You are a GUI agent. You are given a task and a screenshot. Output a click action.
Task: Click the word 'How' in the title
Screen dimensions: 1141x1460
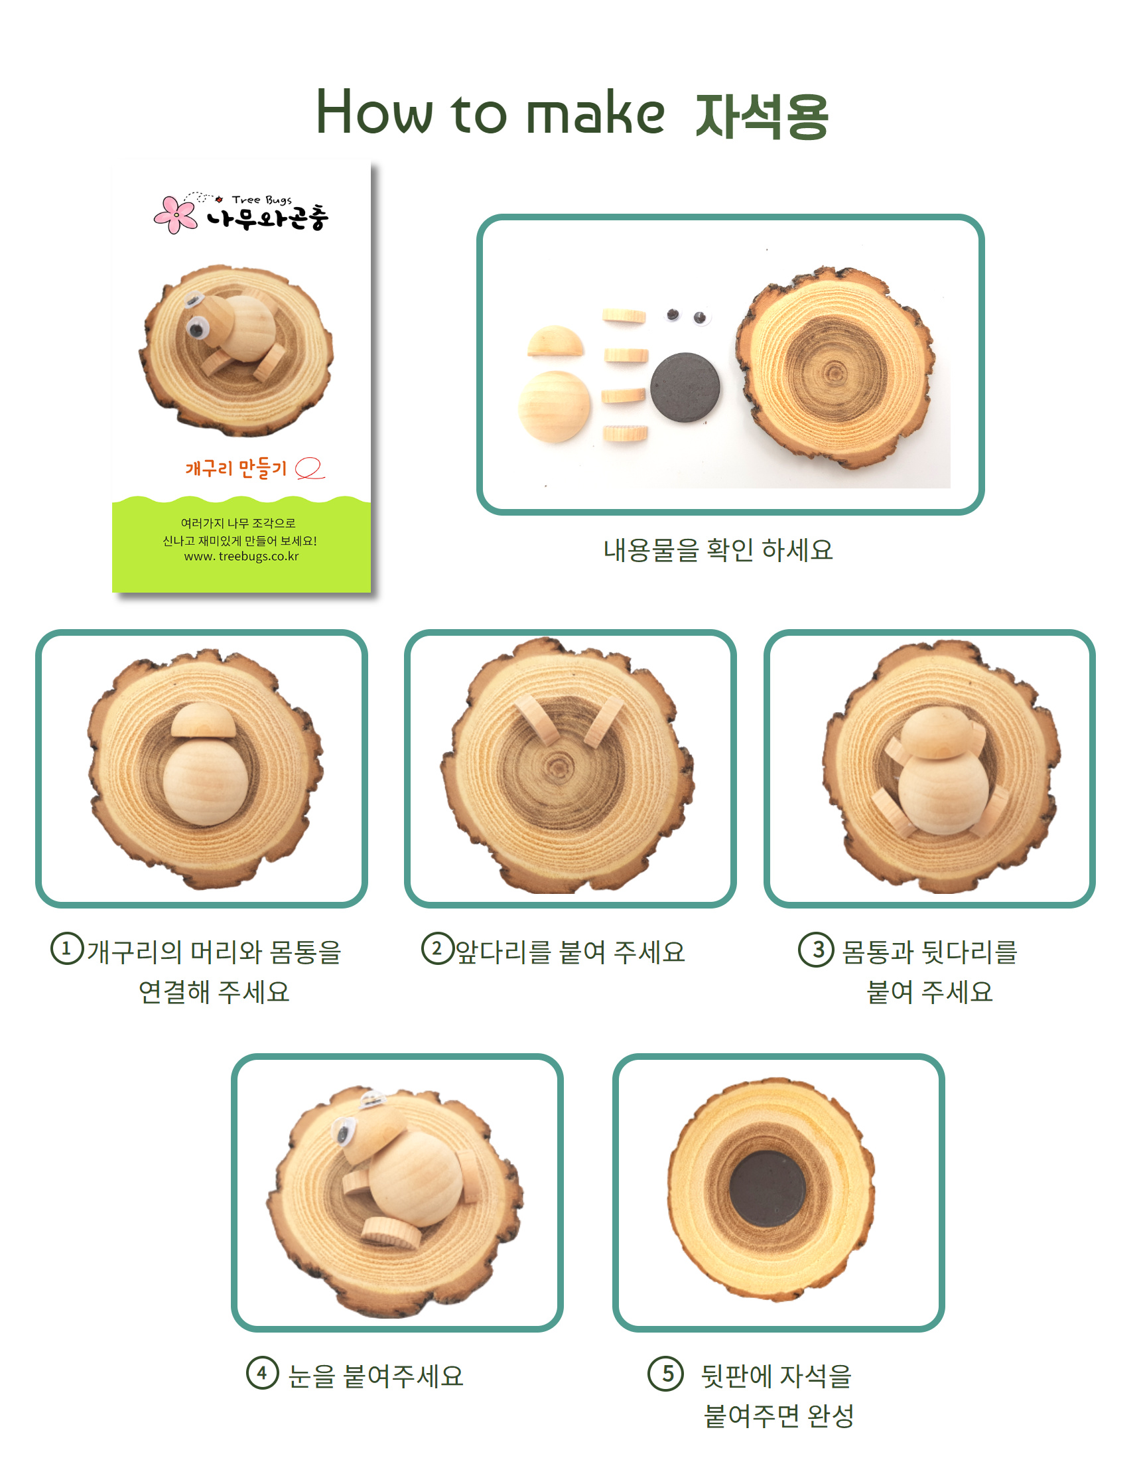374,111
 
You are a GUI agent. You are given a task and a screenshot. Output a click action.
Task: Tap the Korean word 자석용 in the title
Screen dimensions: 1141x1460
763,115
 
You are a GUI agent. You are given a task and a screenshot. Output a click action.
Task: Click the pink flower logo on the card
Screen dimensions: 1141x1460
175,214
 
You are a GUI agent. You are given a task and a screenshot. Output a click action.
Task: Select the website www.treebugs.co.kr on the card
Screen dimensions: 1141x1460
241,556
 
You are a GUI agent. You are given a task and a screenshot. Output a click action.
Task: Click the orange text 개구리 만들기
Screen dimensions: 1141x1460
236,468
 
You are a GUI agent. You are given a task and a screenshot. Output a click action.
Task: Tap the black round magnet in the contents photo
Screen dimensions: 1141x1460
686,388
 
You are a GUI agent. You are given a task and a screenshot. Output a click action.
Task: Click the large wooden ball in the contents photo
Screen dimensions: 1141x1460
554,405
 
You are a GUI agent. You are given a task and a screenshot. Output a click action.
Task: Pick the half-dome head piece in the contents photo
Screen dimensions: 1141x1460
555,341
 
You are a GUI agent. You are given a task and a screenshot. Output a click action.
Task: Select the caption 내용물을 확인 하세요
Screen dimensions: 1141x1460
718,549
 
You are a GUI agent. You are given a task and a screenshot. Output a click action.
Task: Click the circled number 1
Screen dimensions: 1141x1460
67,948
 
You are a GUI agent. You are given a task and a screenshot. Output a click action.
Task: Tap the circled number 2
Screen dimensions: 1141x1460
437,948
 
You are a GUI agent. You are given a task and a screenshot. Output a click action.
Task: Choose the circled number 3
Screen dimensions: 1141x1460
815,949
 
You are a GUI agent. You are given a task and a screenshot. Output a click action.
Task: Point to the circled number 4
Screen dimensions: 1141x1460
262,1374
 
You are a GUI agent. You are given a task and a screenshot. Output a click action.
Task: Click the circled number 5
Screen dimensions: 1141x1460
666,1374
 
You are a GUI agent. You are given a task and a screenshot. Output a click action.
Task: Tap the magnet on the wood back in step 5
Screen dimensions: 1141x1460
768,1188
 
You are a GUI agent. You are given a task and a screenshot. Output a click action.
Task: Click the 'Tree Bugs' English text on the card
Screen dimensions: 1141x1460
261,199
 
